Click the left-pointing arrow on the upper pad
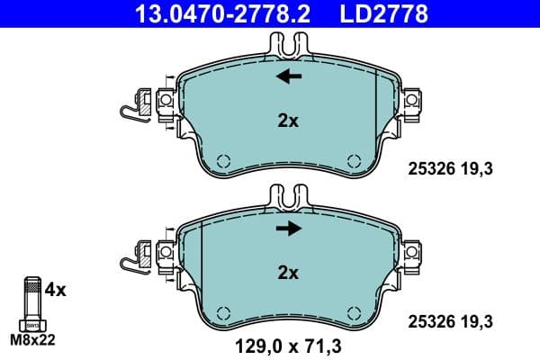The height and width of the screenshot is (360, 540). point(289,77)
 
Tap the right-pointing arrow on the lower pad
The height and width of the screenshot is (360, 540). point(289,229)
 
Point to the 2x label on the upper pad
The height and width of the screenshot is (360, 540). point(288,121)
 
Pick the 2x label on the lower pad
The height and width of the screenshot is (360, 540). point(288,272)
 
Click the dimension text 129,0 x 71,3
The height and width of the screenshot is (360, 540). point(288,343)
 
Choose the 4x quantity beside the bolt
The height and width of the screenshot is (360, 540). point(55,290)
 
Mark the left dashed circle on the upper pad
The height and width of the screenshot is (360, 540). point(224,162)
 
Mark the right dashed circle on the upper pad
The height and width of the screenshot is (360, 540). point(353,162)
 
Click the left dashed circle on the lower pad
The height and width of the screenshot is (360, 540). point(224,314)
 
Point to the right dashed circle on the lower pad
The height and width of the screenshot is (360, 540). point(353,314)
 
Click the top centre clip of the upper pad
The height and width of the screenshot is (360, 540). point(289,42)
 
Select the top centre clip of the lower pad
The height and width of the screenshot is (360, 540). point(289,195)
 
